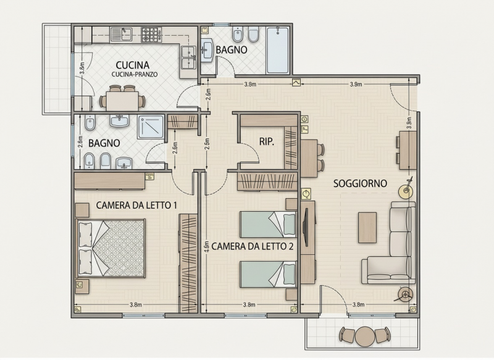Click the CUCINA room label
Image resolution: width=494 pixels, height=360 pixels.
132,65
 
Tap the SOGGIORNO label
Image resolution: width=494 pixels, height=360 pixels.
360,183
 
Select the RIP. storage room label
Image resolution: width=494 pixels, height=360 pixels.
267,142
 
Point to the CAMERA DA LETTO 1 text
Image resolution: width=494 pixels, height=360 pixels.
136,206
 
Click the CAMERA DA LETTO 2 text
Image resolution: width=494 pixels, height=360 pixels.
253,246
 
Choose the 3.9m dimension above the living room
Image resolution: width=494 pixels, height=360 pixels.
356,84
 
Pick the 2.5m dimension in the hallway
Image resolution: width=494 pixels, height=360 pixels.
207,144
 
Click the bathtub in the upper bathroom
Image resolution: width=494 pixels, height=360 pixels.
277,51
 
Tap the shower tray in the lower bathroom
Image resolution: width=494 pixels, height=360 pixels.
151,127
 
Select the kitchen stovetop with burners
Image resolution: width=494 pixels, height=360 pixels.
151,35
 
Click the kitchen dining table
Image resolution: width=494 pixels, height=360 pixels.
122,101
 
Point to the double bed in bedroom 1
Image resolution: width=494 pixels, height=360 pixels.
111,248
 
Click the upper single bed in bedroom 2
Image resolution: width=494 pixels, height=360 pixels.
268,224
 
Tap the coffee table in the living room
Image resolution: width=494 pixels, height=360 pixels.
367,227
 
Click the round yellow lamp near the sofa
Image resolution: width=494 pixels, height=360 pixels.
406,191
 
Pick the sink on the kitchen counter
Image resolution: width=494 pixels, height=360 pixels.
121,35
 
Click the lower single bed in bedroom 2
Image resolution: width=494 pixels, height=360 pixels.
268,274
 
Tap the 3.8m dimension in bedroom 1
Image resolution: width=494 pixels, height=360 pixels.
135,304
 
